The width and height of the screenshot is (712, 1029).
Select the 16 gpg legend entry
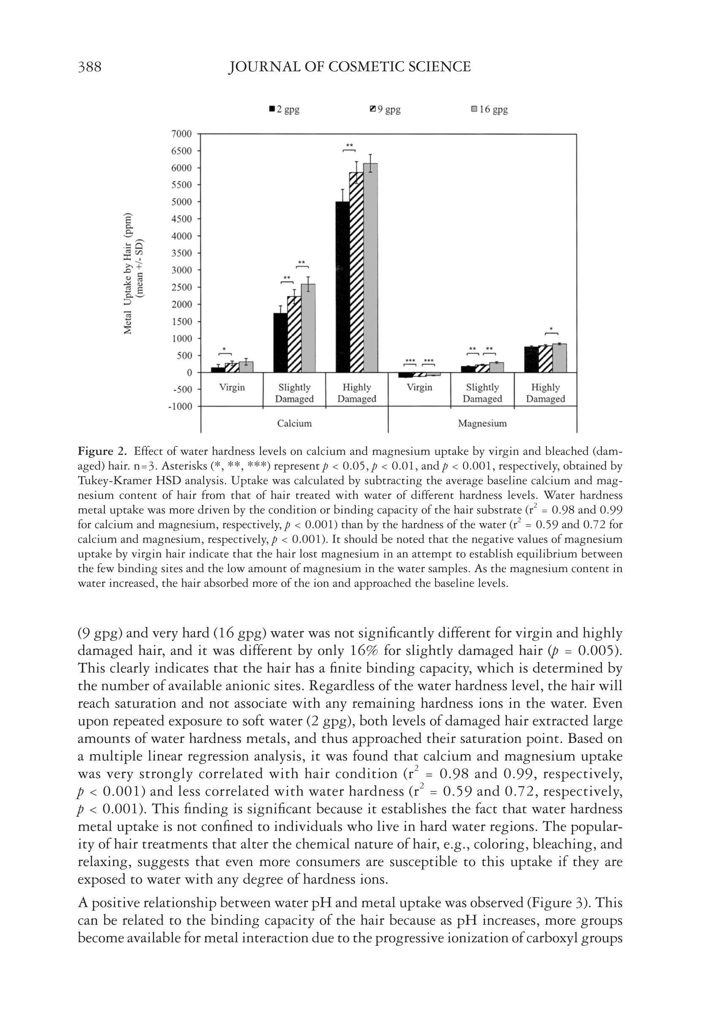[x=490, y=110]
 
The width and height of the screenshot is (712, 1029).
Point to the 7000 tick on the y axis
[x=181, y=134]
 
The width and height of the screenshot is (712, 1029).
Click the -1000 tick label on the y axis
[x=179, y=407]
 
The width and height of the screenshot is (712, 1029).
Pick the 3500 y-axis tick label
[x=181, y=253]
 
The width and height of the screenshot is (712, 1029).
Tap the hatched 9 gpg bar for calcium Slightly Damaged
[x=294, y=334]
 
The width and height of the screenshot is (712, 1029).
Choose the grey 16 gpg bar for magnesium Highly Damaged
[x=560, y=358]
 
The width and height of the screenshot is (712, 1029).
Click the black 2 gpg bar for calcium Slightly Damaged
[x=280, y=343]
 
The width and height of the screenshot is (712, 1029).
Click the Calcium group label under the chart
[x=295, y=423]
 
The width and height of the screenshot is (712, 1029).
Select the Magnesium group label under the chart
[x=482, y=423]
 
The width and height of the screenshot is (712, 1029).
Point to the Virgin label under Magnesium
[x=420, y=387]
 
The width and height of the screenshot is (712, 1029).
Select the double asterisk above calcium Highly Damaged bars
[x=349, y=145]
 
